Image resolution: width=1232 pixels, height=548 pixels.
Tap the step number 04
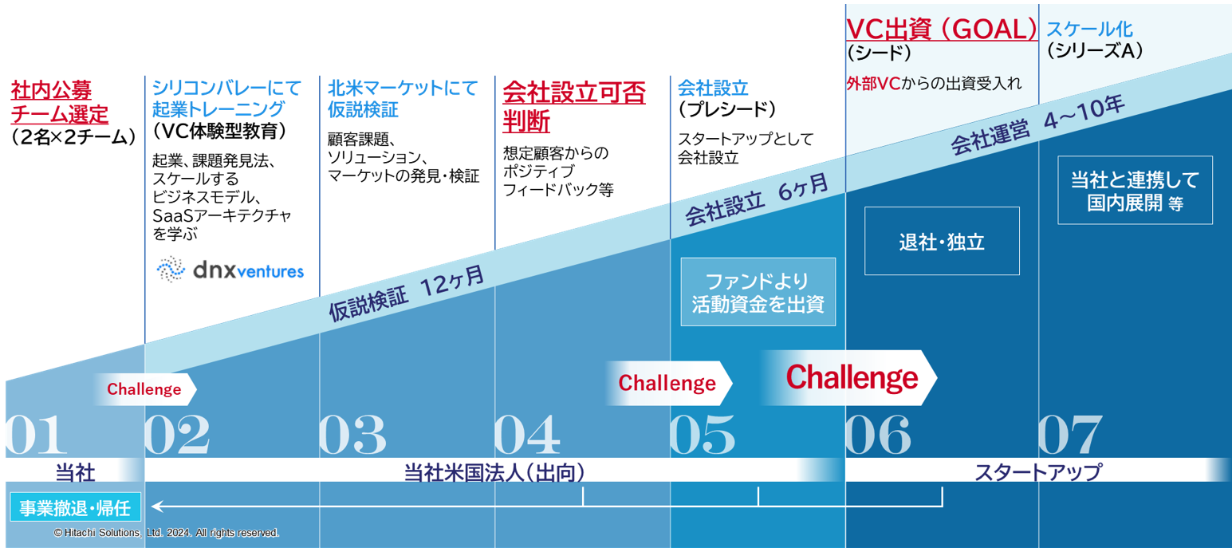527,436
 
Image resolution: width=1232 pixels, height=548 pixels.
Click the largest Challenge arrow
850,377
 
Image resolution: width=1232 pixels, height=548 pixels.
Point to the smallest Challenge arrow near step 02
144,389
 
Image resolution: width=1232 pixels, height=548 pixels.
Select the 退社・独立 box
942,242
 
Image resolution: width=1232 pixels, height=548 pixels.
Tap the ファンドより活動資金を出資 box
758,292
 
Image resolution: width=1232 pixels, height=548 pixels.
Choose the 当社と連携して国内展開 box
1135,190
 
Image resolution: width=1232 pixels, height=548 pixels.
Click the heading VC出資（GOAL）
941,29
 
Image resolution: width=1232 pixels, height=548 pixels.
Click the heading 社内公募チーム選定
60,102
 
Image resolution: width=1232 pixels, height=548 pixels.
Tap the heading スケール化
1088,30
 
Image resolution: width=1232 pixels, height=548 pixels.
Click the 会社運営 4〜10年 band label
1037,128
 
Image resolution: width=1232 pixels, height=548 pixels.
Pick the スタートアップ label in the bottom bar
1037,472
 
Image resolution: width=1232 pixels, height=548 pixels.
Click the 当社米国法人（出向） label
494,472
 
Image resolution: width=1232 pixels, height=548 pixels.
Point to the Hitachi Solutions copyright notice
166,532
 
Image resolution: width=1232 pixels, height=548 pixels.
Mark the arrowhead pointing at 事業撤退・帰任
157,506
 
